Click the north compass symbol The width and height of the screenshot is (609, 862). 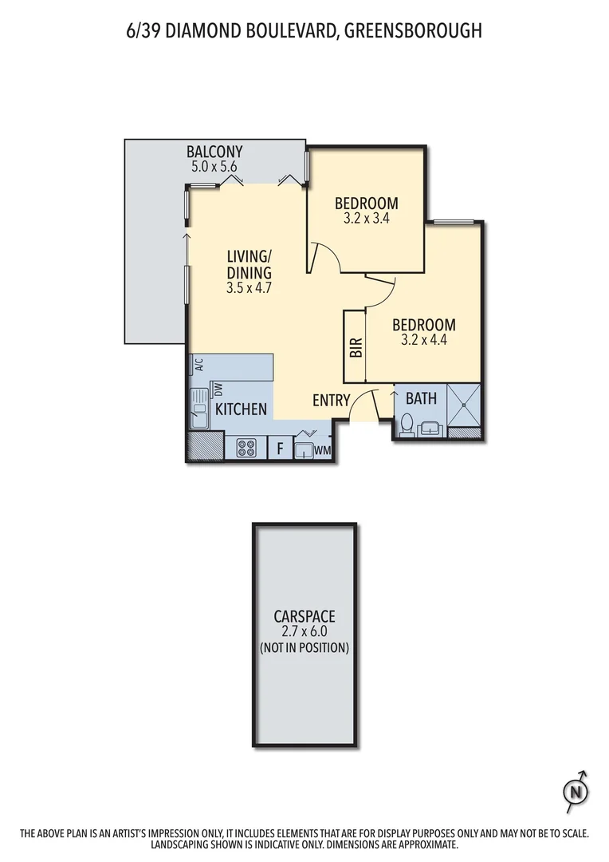pos(575,791)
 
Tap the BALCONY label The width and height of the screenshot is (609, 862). pos(214,152)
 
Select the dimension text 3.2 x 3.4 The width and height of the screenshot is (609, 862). pos(366,217)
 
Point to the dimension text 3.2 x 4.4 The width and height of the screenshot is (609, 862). pos(424,340)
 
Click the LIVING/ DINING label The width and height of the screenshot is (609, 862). pos(249,272)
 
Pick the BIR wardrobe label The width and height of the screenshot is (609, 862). pos(356,347)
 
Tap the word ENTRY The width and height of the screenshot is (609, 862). pos(331,401)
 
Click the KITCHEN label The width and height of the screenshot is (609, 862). pos(241,409)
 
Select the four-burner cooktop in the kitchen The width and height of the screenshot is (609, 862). pos(246,449)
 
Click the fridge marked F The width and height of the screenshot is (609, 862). pos(280,449)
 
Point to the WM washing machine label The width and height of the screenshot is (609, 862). pos(323,451)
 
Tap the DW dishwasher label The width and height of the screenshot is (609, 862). pos(217,389)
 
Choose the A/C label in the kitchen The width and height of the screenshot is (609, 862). pos(198,365)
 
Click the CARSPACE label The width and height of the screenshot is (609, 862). pos(304,616)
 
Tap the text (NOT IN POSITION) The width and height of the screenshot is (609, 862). pos(304,648)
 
